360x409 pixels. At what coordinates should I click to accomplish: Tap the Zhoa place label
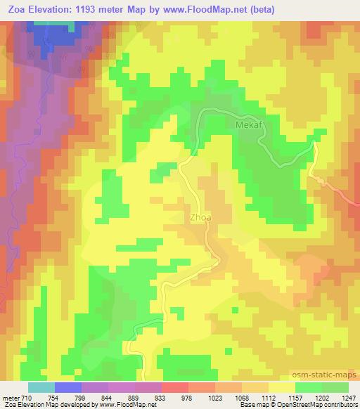click(x=199, y=218)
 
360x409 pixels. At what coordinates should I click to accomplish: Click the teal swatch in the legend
click(x=41, y=387)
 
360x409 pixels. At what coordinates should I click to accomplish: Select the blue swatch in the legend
click(x=68, y=387)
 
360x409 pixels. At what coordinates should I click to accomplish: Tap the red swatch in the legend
click(x=175, y=387)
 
